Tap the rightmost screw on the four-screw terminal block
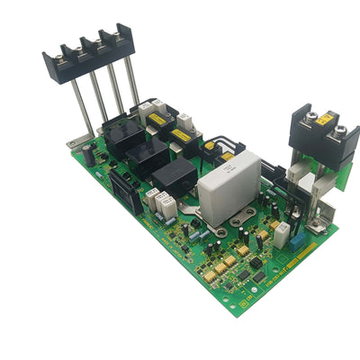tap(117, 36)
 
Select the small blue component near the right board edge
tap(282, 237)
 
